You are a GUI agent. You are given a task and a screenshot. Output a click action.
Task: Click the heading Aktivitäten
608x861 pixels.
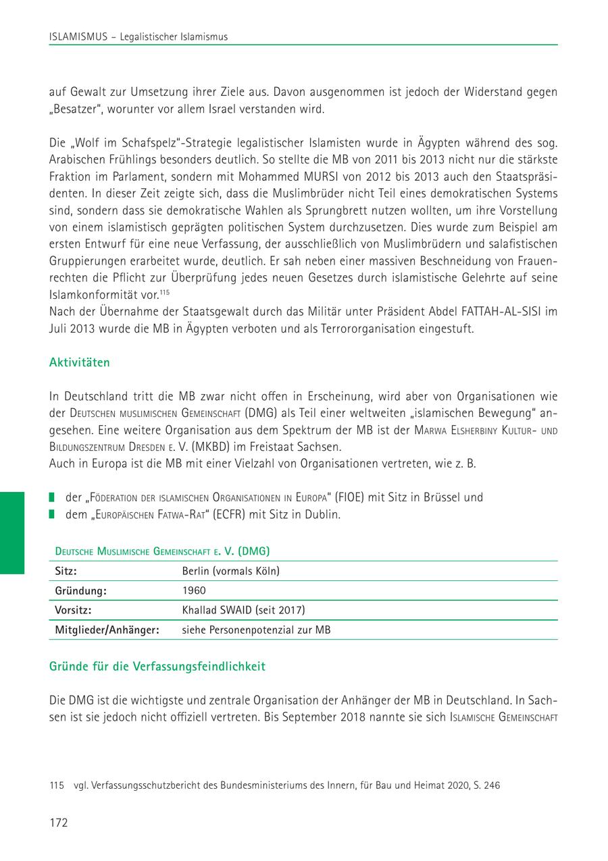(x=80, y=362)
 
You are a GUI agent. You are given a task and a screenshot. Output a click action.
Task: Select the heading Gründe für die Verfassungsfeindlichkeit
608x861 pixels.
(x=157, y=666)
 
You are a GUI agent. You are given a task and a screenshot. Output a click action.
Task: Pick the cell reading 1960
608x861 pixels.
(x=194, y=590)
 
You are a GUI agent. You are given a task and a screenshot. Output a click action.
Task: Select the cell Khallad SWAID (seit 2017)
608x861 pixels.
(x=243, y=610)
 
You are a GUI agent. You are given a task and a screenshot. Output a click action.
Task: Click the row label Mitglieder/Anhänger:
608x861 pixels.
(x=107, y=630)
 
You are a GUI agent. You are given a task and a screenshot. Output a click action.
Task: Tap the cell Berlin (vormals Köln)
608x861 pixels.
(x=230, y=571)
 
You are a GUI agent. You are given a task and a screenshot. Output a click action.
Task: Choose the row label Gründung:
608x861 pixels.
(x=81, y=590)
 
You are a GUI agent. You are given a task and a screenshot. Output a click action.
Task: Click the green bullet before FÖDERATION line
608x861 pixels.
(x=52, y=498)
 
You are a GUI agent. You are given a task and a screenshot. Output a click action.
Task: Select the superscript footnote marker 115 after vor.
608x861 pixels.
(x=164, y=291)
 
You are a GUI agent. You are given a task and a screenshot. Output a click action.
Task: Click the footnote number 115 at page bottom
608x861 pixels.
(x=57, y=785)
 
